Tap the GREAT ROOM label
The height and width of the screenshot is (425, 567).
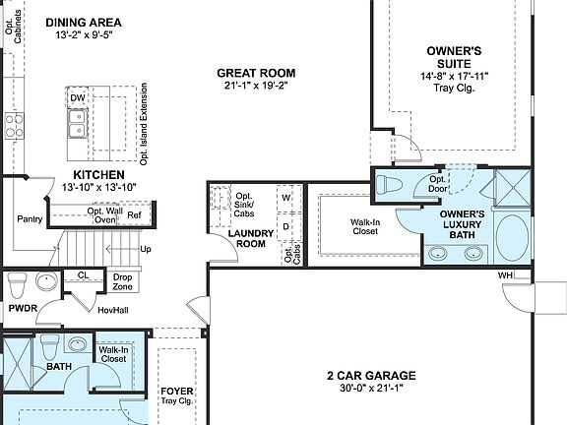coord(256,73)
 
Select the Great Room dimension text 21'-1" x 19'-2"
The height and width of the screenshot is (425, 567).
coord(256,86)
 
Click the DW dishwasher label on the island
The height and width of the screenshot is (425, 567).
coord(77,97)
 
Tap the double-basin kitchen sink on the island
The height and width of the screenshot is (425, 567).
coord(77,122)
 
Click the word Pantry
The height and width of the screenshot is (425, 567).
coord(31,218)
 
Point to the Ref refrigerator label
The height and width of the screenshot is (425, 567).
coord(134,214)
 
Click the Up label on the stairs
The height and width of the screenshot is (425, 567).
coord(146,249)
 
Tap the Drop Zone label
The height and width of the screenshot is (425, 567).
coord(122,282)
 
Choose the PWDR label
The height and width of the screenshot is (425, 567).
coord(22,308)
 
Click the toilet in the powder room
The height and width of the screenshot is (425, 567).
coord(17,283)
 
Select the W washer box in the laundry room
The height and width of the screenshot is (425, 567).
coord(286,197)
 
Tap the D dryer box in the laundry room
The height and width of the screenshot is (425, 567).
coord(286,225)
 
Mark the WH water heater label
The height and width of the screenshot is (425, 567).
coord(505,274)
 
